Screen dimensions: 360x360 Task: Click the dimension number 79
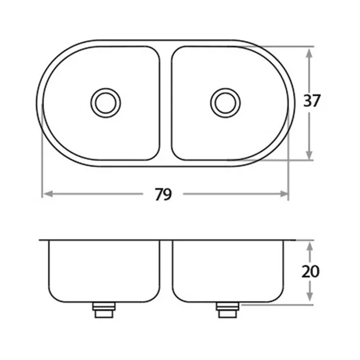(163, 195)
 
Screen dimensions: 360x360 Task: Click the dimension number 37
(311, 101)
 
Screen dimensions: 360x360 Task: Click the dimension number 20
(310, 272)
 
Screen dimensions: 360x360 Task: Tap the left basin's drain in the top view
(106, 103)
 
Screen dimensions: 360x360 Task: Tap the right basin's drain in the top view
(225, 103)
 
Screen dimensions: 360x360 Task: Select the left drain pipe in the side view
(104, 310)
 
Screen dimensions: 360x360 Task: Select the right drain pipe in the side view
(228, 310)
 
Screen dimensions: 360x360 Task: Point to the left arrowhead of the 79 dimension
(48, 194)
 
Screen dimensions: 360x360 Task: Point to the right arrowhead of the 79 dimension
(284, 194)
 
